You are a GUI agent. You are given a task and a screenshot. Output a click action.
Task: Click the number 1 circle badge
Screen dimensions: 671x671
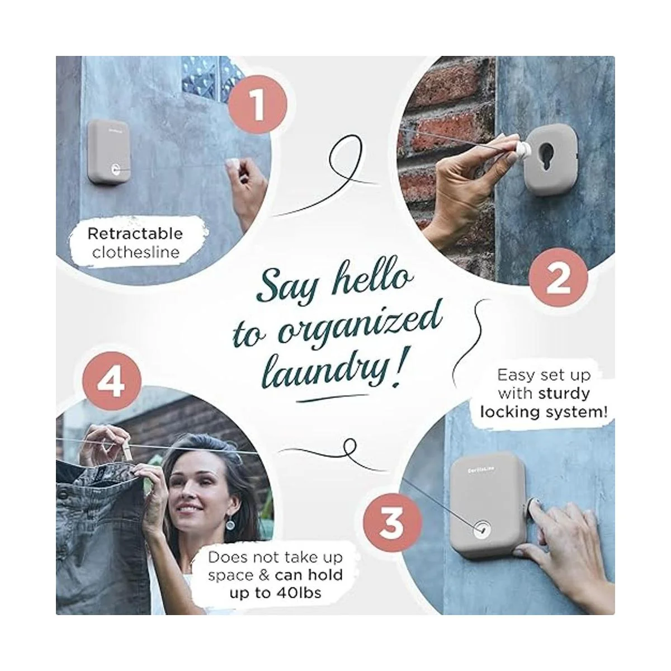[x=258, y=105]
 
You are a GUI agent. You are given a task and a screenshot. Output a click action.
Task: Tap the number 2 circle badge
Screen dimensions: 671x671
[x=558, y=277]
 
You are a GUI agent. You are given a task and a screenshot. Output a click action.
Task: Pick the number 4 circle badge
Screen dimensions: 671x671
[x=112, y=382]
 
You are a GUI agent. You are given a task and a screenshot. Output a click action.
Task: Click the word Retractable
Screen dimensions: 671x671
[x=135, y=234]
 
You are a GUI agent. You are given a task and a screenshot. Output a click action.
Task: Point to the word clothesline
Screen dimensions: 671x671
[x=136, y=252]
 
